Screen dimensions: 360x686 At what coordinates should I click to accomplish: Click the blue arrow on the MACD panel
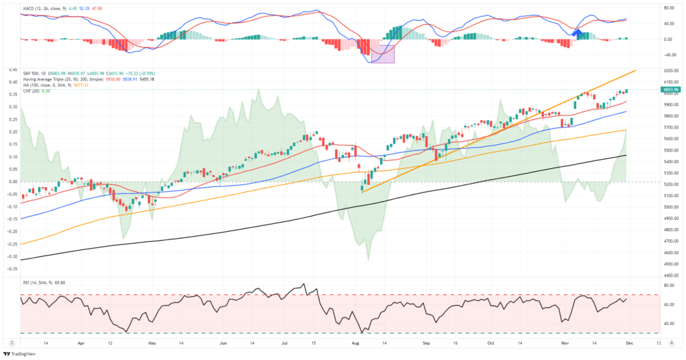tap(577, 32)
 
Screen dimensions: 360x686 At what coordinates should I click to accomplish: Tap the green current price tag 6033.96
tap(671, 89)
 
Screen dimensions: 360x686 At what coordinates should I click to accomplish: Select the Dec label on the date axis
tap(629, 343)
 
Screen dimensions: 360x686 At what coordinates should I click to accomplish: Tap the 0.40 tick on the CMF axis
tap(11, 82)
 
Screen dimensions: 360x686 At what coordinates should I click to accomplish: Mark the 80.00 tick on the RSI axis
tap(669, 286)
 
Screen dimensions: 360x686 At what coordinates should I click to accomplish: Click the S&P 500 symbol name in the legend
tap(32, 74)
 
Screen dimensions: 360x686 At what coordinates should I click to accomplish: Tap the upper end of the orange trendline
tap(635, 70)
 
